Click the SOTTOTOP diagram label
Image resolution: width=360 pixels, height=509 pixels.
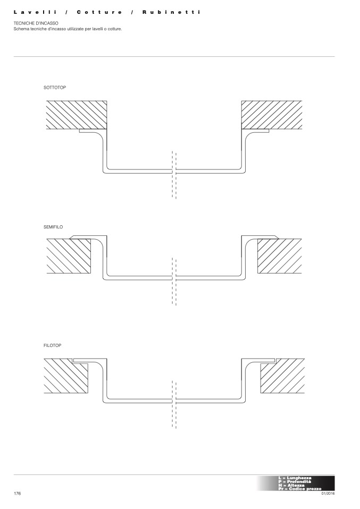coord(55,87)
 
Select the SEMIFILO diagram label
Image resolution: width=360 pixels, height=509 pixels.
coord(53,227)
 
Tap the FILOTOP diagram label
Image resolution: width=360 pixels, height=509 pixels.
coord(53,345)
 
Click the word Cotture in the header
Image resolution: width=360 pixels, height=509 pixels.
coord(99,12)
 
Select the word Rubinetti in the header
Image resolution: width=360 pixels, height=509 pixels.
coord(171,12)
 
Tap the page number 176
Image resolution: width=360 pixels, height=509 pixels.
coord(17,494)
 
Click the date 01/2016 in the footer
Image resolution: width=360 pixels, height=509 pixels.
coord(328,494)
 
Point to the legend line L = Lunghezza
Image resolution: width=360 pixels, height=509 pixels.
coord(295,478)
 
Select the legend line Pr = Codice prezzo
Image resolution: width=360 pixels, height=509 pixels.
coord(299,488)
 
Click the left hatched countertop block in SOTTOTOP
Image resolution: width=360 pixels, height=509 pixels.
coord(76,115)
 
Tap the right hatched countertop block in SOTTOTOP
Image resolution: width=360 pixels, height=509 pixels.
coord(272,115)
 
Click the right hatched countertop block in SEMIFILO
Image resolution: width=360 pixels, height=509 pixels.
coord(279,256)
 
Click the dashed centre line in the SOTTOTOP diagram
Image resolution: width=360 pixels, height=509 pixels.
coord(174,175)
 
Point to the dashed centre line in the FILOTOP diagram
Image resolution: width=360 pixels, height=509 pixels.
coord(174,404)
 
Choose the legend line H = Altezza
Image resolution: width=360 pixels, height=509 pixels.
coord(291,485)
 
